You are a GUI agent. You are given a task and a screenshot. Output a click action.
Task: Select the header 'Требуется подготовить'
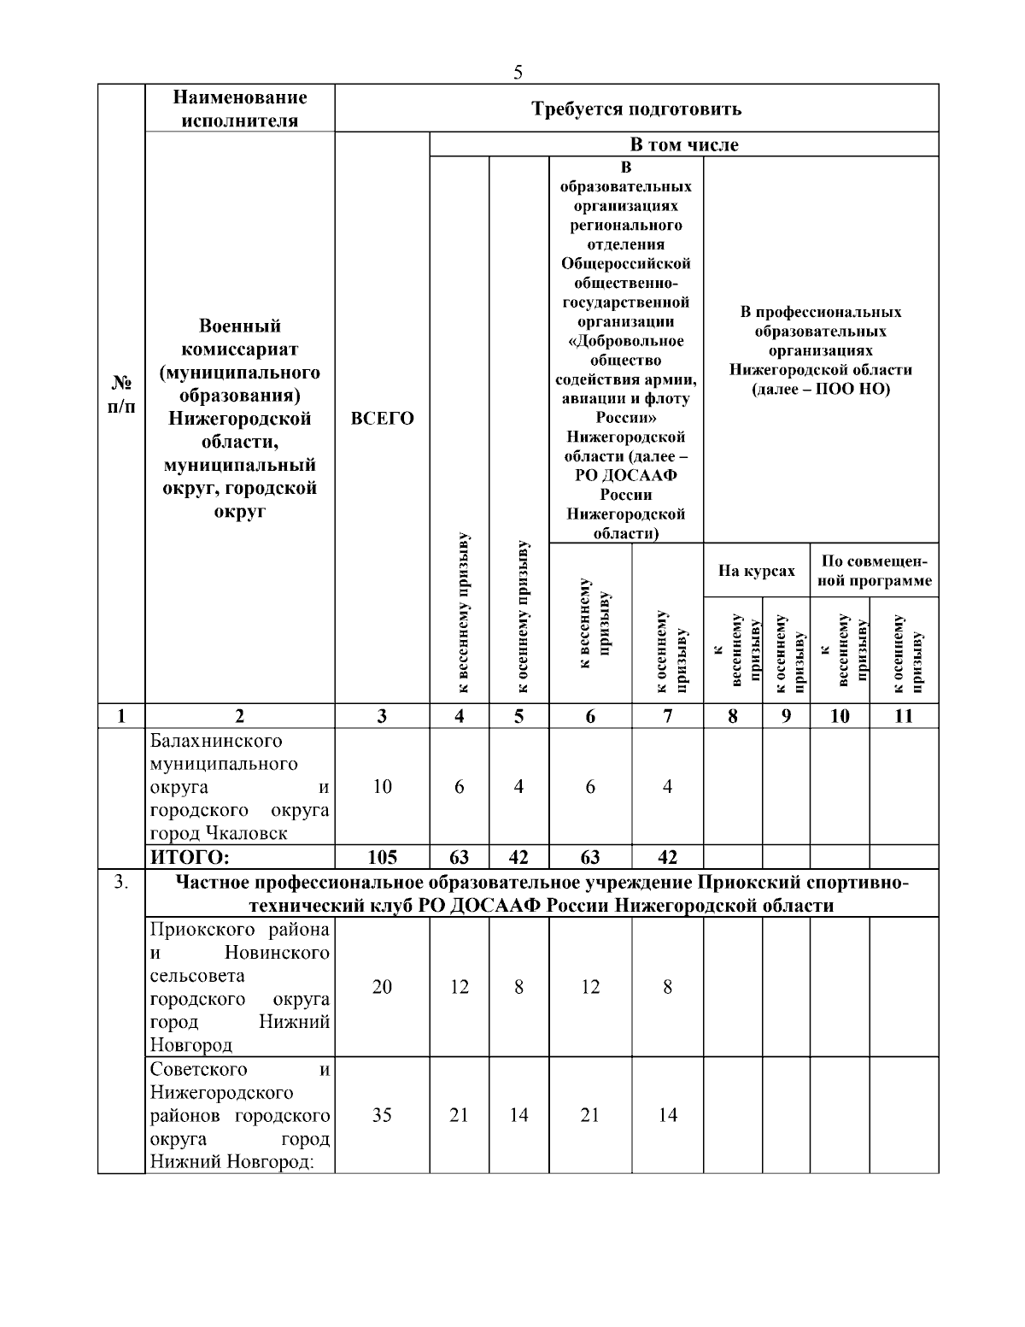tap(636, 109)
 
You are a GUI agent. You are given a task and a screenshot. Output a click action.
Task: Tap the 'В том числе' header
tap(683, 144)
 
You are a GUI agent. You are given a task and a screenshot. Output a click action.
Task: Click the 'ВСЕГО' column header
tap(382, 419)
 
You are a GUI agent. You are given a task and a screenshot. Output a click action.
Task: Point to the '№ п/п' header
tap(121, 394)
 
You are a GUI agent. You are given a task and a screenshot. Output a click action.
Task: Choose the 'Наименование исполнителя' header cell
tap(239, 109)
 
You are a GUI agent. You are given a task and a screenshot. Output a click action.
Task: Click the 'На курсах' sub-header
tap(756, 571)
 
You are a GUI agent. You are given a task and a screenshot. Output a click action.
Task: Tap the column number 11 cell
tap(903, 716)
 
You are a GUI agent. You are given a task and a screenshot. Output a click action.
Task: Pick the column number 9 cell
tap(786, 716)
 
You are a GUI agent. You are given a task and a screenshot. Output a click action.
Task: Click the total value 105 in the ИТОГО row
tap(382, 857)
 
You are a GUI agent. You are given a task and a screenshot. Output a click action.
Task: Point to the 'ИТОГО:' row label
tap(190, 857)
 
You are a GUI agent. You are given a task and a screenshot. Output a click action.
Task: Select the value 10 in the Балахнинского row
tap(382, 787)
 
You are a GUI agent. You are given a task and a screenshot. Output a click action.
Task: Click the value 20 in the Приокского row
tap(382, 987)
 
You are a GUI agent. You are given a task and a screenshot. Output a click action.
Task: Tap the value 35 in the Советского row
tap(382, 1115)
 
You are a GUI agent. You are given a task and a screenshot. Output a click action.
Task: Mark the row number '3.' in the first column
tap(121, 883)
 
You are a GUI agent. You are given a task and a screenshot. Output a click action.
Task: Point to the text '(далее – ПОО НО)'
tap(820, 390)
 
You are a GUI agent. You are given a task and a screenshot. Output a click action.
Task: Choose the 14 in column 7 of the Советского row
tap(667, 1115)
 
